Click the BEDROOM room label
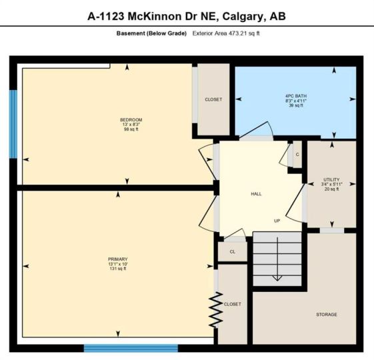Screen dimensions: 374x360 tap(131, 120)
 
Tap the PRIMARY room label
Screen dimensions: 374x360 tap(118, 259)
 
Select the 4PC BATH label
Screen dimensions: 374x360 tap(296, 96)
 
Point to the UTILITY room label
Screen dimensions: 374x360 tap(331, 179)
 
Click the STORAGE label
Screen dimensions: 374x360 tap(327, 315)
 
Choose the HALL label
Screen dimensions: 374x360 tap(256, 194)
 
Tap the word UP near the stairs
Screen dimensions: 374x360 tap(277, 221)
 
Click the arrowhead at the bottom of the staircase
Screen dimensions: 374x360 tap(277, 278)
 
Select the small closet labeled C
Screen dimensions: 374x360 tap(297, 155)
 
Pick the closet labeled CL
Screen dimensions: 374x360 tap(233, 252)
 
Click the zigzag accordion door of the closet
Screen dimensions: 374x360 tap(216, 310)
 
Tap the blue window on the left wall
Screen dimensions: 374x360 tap(13, 124)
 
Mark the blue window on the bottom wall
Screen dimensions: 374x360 tap(131, 348)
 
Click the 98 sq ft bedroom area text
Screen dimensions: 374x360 tap(131, 129)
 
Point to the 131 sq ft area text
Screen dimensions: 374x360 tap(118, 269)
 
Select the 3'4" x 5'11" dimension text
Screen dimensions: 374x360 tap(331, 184)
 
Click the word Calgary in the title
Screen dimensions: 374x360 tap(243, 17)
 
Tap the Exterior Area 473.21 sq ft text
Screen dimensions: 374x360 tap(226, 33)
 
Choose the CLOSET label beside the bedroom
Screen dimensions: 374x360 tap(213, 99)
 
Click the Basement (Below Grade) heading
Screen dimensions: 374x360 tap(151, 33)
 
